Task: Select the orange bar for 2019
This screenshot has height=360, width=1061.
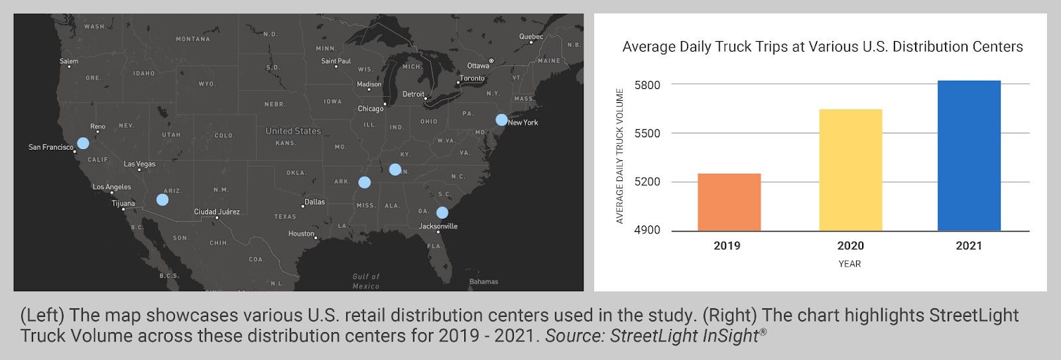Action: tap(729, 202)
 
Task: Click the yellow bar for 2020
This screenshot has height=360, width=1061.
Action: tap(850, 170)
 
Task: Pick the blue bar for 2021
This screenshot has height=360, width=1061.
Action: tap(969, 156)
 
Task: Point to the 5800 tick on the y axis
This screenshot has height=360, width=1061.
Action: tap(647, 85)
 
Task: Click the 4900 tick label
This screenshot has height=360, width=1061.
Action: tap(647, 230)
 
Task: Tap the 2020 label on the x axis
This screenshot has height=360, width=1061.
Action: tap(850, 245)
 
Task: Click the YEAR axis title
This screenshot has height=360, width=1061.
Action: tap(849, 264)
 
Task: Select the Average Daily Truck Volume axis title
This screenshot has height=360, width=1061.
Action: tap(620, 156)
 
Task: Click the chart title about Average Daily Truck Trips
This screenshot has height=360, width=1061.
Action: tap(822, 47)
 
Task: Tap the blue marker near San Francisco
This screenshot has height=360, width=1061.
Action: tap(83, 143)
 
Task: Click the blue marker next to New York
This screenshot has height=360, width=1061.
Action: tap(501, 120)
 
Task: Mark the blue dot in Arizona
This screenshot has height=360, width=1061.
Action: tap(162, 200)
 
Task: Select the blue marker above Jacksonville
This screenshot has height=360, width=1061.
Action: tap(442, 213)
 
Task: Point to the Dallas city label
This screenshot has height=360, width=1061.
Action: tap(314, 202)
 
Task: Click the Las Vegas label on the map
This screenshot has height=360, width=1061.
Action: tap(139, 164)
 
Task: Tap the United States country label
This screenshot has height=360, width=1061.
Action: tap(293, 131)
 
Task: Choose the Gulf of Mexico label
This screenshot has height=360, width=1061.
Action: tap(366, 281)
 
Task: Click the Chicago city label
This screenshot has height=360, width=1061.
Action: tap(370, 109)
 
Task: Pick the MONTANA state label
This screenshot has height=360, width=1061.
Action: tap(192, 39)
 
